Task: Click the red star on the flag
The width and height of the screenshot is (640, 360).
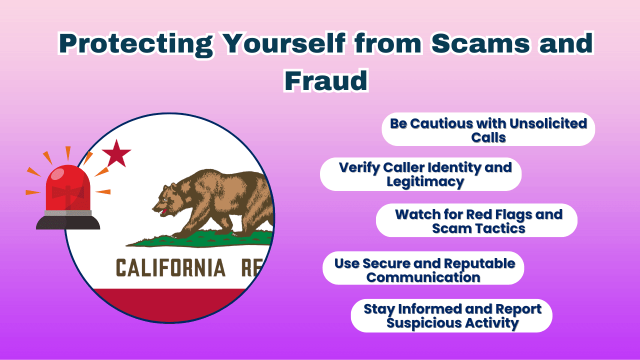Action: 116,153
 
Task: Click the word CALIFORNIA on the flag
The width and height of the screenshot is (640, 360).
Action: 171,268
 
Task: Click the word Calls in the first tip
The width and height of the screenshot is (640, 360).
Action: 488,136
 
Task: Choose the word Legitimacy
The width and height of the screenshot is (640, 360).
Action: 425,181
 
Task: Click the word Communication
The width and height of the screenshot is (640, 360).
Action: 423,277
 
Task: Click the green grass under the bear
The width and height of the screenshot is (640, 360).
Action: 200,239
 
